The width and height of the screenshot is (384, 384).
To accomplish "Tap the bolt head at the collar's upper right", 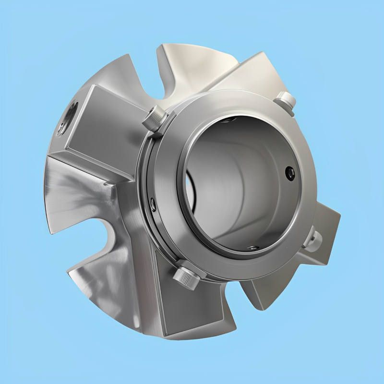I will click(x=287, y=101).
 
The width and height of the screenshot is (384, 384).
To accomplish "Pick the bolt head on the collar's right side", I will click(x=316, y=237).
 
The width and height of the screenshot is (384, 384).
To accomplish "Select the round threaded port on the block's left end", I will click(x=69, y=116).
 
